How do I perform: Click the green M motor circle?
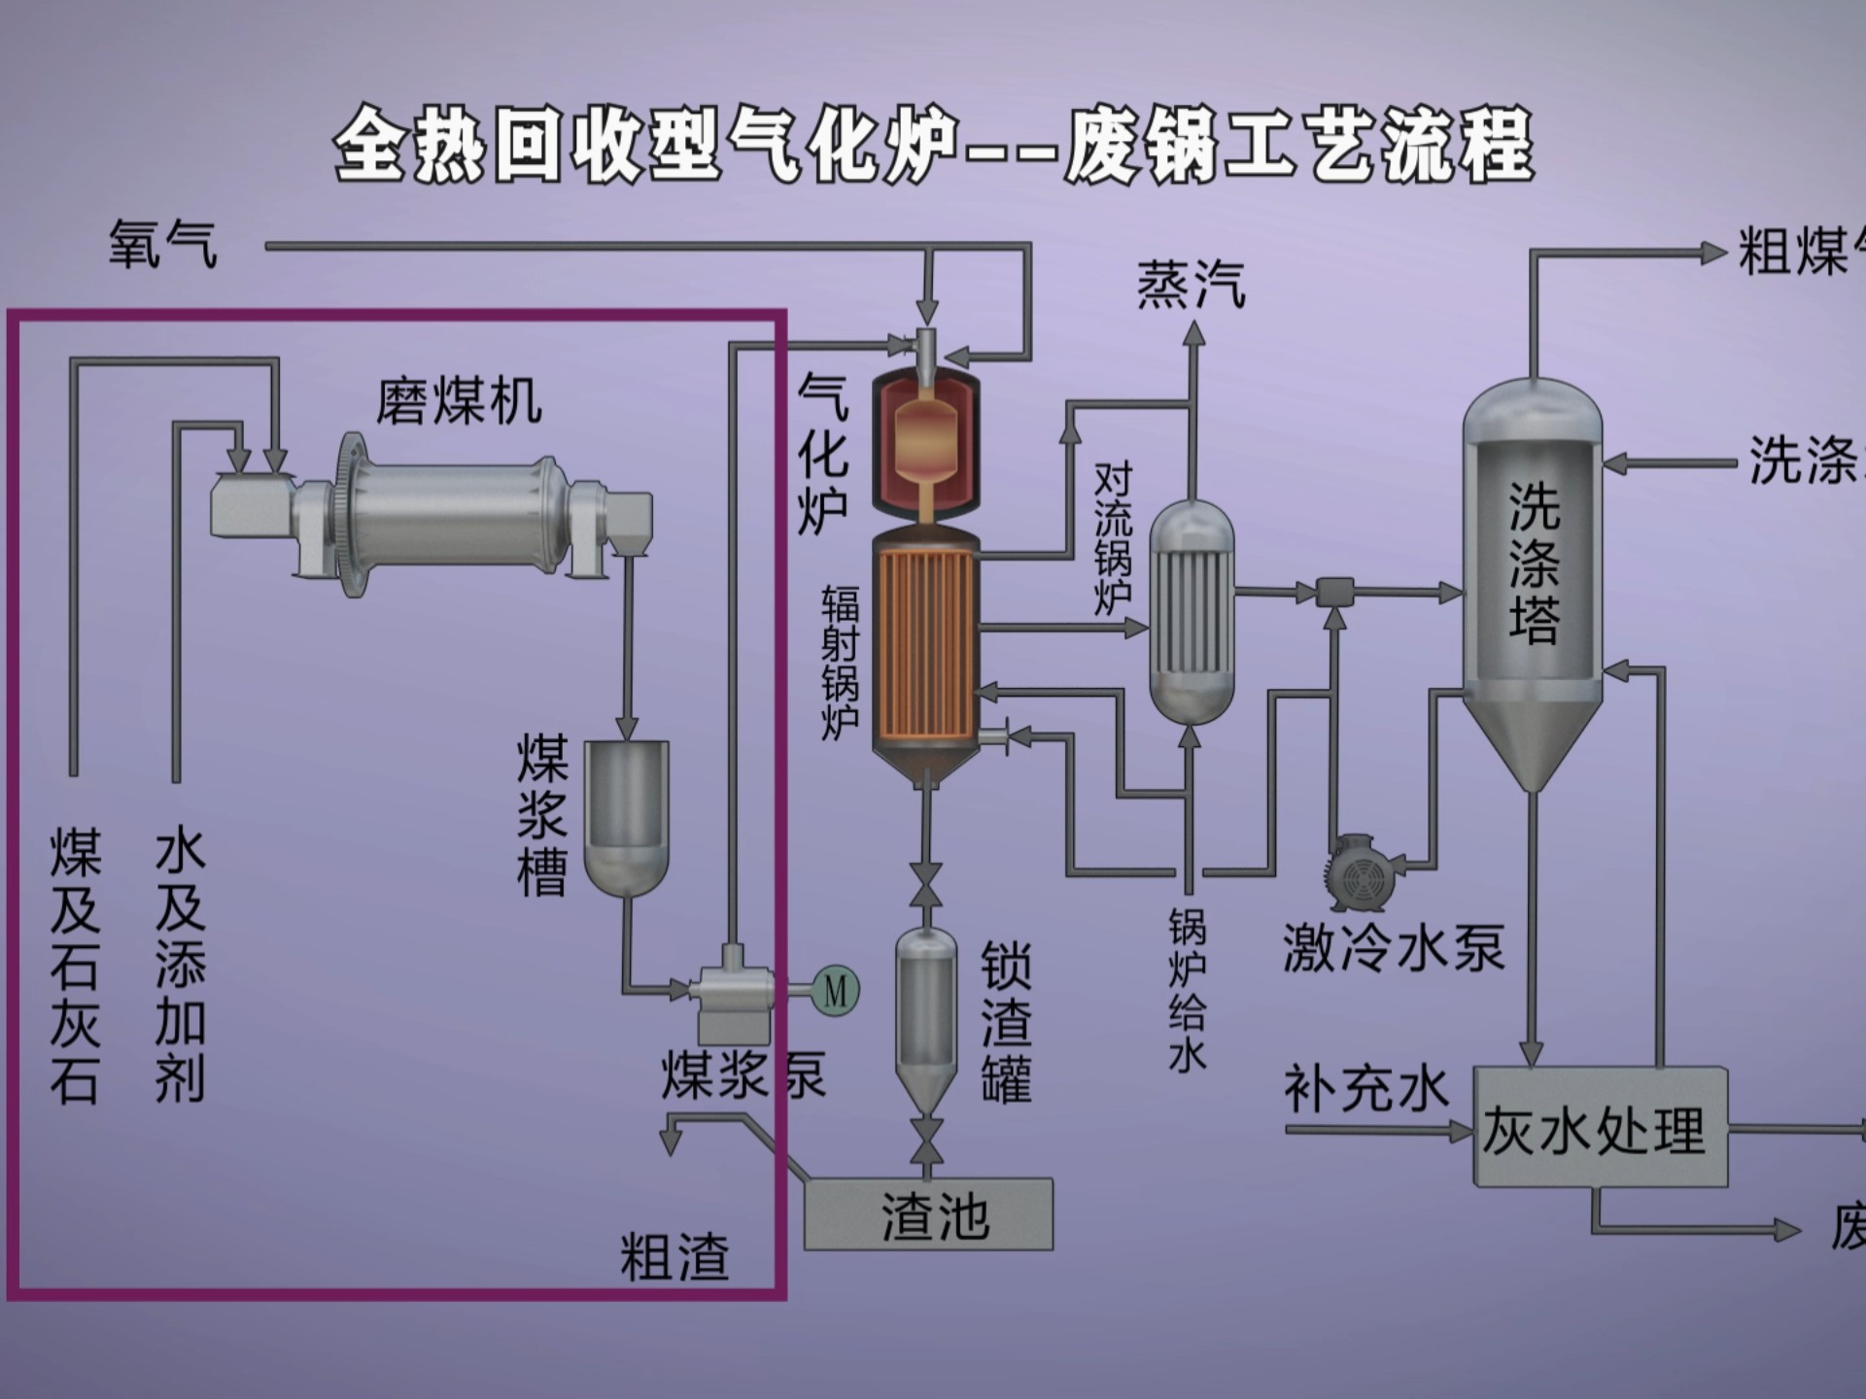835,990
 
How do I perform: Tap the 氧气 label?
163,244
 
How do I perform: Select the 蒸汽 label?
1191,286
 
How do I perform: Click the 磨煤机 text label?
459,400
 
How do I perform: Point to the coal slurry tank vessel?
627,816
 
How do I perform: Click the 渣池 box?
928,1214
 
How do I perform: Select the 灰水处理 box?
1600,1129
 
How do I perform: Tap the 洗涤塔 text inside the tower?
1534,563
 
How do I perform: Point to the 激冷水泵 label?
1394,947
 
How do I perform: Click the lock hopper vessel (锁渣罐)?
926,1020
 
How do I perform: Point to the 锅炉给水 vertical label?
1187,991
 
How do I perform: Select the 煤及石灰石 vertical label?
75,967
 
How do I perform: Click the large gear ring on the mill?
352,515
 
